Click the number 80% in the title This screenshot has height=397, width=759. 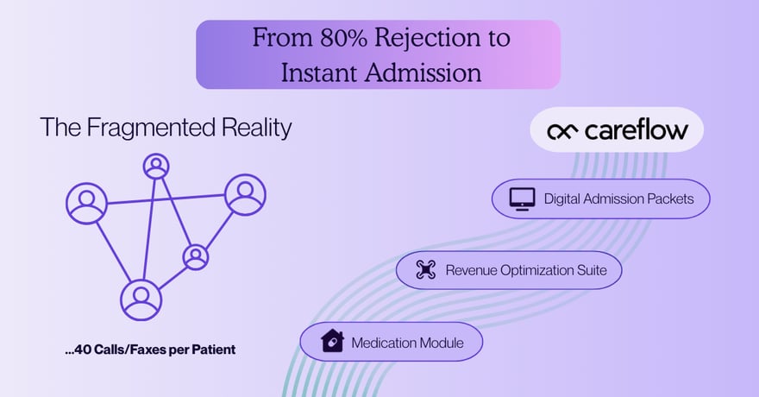click(x=343, y=38)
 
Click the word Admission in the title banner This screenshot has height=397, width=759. click(x=423, y=73)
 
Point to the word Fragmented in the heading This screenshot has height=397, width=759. click(x=151, y=129)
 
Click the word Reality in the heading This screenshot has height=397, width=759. click(x=256, y=129)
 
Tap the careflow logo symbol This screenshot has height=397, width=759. click(x=562, y=131)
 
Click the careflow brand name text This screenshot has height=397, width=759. click(x=636, y=129)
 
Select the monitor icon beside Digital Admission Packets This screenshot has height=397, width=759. click(x=523, y=199)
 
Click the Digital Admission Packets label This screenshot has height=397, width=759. click(x=618, y=199)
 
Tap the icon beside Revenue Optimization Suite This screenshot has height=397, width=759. click(x=425, y=269)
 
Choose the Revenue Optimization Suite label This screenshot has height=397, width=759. click(x=526, y=270)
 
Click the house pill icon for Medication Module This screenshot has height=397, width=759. click(x=332, y=341)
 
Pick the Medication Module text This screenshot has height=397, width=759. click(x=408, y=343)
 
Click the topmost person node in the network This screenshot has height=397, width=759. click(x=156, y=167)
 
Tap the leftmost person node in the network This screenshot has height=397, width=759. click(x=86, y=204)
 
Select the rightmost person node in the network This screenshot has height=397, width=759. click(x=246, y=195)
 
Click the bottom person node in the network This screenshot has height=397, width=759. click(x=141, y=300)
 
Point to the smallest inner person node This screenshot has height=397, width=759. click(x=196, y=257)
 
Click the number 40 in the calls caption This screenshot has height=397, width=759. click(x=83, y=350)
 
